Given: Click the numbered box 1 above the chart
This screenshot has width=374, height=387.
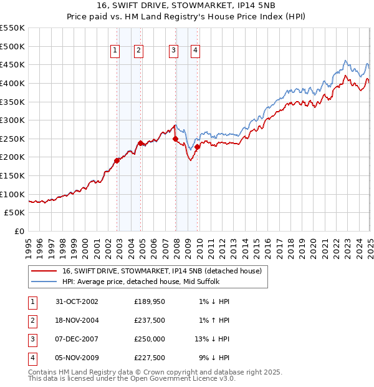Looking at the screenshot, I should click(115, 51).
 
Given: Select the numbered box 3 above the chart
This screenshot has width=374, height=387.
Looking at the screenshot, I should click(173, 51).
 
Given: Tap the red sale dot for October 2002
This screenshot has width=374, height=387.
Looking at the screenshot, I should click(117, 160).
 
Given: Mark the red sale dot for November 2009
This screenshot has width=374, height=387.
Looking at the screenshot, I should click(197, 147).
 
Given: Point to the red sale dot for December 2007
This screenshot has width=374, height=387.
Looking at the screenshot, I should click(175, 139).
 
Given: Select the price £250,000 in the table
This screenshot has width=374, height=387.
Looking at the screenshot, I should click(150, 340).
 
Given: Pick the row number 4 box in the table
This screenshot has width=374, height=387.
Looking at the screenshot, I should click(32, 358).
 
